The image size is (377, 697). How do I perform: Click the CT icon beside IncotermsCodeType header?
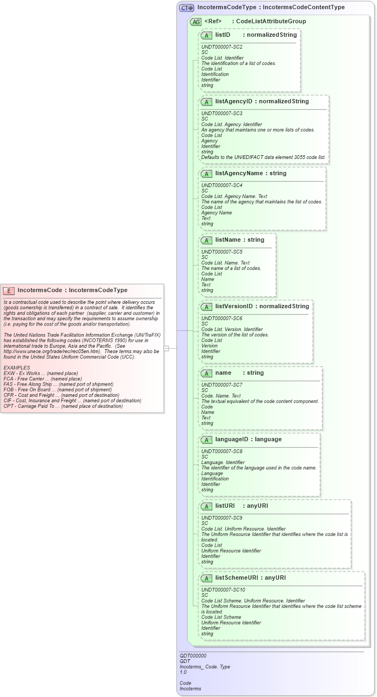pos(187,8)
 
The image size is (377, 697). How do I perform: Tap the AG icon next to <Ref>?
pos(196,22)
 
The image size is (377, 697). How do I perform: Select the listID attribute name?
pos(223,35)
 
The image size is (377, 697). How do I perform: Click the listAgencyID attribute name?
pos(234,101)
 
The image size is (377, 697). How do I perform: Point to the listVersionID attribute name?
pos(235,306)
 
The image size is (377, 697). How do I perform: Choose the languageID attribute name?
pos(233,439)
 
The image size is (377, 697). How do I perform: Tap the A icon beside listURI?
pos(206,506)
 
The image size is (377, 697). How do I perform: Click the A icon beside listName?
pos(206,240)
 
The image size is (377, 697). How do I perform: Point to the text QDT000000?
pos(193,655)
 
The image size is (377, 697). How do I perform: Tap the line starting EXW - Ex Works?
pos(41,373)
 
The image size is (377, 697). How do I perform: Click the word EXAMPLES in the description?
pos(17,368)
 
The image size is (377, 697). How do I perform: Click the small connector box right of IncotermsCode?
pos(166,348)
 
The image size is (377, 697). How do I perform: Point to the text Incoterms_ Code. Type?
pos(205,666)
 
